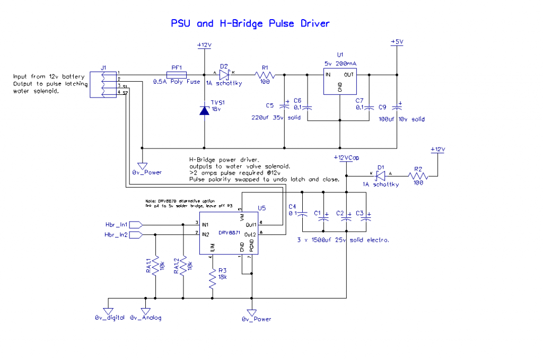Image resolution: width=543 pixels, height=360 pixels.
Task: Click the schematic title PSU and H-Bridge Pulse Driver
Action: (250, 23)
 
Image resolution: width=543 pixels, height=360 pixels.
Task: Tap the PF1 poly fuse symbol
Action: (176, 74)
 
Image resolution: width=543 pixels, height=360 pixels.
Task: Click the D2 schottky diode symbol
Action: (223, 74)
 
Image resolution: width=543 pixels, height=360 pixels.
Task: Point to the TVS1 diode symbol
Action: (205, 110)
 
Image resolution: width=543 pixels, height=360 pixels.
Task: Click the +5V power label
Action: (397, 41)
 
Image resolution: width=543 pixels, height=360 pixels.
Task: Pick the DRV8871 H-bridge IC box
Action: (229, 232)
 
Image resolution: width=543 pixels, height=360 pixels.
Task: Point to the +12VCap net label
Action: (347, 157)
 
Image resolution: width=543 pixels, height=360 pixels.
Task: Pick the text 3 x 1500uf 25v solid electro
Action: (345, 240)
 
